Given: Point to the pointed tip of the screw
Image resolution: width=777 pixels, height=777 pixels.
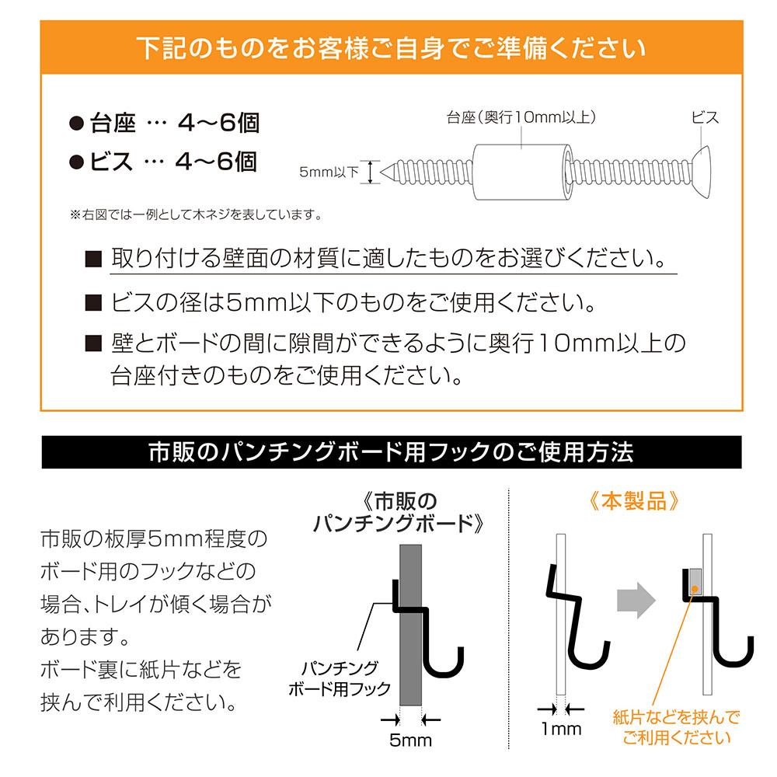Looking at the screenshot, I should pyautogui.click(x=388, y=172).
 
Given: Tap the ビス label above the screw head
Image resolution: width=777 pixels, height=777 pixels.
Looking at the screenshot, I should pyautogui.click(x=705, y=118).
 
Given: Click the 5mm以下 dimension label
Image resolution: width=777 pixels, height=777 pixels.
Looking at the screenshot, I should pyautogui.click(x=329, y=172).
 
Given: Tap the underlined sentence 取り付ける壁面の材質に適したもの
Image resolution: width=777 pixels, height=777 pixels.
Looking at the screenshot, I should pyautogui.click(x=388, y=257).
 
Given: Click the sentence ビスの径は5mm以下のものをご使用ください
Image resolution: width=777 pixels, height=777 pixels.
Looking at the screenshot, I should pyautogui.click(x=353, y=301).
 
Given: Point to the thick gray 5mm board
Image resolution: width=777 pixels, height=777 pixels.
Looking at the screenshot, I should pyautogui.click(x=411, y=622).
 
